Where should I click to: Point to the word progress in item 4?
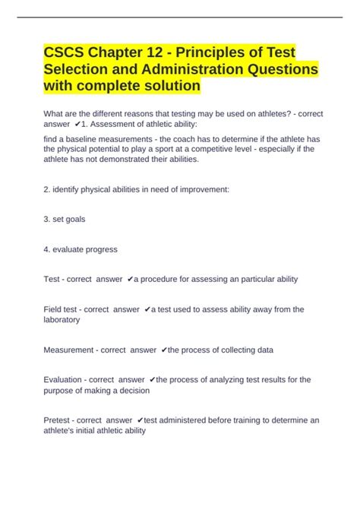[101, 249]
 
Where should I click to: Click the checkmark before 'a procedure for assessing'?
[131, 280]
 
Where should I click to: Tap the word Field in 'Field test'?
[55, 309]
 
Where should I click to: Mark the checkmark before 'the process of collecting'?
[163, 350]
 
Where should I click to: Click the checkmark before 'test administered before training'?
[141, 420]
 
